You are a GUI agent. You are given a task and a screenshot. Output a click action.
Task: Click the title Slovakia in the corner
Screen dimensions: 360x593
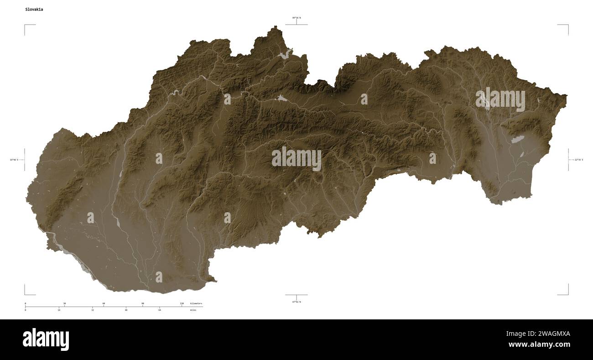point(35,9)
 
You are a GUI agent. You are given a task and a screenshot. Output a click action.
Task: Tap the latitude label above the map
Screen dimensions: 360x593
point(296,18)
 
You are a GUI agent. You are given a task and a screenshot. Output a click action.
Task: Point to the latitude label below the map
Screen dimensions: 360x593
point(296,302)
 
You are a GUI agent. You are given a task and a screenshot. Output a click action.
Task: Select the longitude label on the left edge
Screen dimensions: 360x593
point(14,160)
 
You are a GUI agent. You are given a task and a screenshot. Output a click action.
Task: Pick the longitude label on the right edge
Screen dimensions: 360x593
point(578,160)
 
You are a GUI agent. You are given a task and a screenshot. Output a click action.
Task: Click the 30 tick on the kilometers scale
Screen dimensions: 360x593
point(64,303)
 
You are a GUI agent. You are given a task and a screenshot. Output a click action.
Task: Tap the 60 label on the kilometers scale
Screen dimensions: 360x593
point(104,303)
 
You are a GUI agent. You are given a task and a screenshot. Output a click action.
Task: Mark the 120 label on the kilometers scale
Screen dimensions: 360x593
point(182,303)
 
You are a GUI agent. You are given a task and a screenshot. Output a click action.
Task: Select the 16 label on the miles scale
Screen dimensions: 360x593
point(59,310)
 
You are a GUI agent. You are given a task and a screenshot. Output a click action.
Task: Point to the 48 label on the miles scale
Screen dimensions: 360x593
point(126,310)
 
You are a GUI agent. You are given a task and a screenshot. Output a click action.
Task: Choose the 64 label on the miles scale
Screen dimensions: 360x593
point(160,310)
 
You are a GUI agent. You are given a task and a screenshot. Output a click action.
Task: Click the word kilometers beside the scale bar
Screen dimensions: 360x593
point(196,303)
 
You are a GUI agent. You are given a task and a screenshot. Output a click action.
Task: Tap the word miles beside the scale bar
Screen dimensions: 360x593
point(193,310)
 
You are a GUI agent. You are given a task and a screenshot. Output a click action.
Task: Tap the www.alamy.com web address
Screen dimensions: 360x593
point(539,344)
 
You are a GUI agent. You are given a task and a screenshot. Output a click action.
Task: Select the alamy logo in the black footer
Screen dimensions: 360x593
point(46,339)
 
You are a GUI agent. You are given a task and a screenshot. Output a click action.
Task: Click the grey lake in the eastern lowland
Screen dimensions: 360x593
point(517,139)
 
